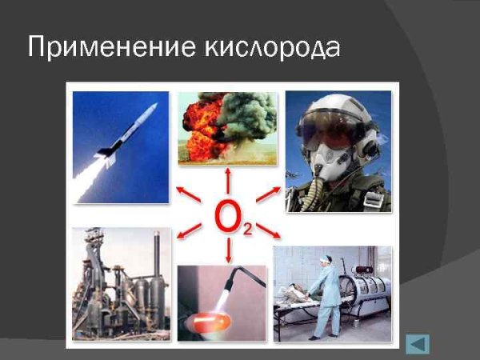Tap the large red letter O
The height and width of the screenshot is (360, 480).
(x=228, y=218)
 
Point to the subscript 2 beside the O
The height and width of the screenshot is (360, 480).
(x=248, y=230)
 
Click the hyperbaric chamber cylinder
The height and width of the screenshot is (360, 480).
(x=365, y=291)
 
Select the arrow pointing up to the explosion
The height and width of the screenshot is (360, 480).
(x=229, y=180)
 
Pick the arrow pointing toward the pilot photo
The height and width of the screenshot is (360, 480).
(x=266, y=194)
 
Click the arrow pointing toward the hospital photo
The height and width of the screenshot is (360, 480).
(x=269, y=232)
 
